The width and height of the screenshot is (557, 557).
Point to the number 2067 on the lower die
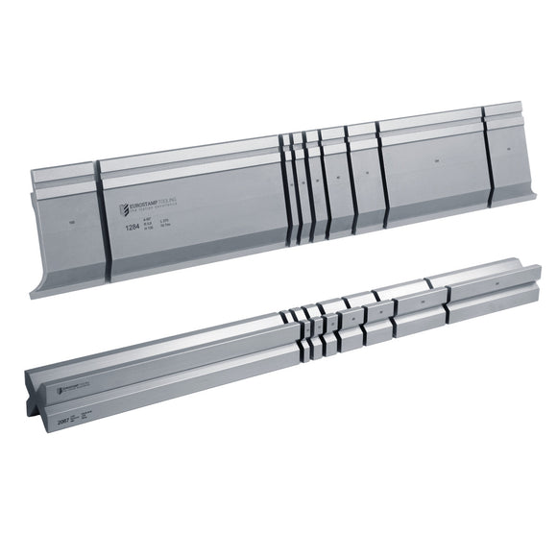click(x=65, y=418)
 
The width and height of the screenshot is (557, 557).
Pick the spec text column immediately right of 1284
click(x=157, y=228)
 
